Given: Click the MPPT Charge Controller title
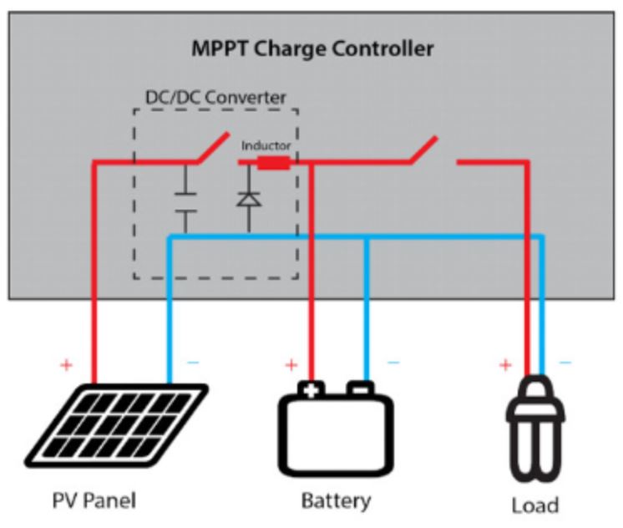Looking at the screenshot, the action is click(x=312, y=49).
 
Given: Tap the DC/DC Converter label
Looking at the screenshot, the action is click(x=215, y=98).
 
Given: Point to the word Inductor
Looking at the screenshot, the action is click(x=266, y=145).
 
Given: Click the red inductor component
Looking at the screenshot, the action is click(x=273, y=162).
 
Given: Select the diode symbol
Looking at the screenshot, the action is click(x=249, y=199).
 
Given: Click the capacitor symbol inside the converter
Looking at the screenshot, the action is click(x=185, y=201).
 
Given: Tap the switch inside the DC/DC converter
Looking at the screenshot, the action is click(x=213, y=148).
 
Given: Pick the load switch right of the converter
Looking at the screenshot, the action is click(x=423, y=150).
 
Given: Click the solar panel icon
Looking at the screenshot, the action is click(x=116, y=424).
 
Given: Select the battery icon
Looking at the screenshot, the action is click(x=336, y=429).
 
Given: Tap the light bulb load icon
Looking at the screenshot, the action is click(x=535, y=429).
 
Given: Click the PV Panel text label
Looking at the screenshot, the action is click(x=94, y=500).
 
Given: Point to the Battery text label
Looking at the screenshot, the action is click(x=336, y=501).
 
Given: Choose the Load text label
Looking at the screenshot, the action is click(x=535, y=505).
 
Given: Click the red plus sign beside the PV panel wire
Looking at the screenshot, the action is click(x=66, y=364).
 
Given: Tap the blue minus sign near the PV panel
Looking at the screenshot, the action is click(x=193, y=363).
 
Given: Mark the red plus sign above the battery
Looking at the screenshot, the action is click(x=291, y=364).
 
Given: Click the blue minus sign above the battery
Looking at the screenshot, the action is click(x=393, y=363).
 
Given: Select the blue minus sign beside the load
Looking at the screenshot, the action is click(x=565, y=363).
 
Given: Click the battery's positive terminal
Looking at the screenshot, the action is click(x=311, y=388).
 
